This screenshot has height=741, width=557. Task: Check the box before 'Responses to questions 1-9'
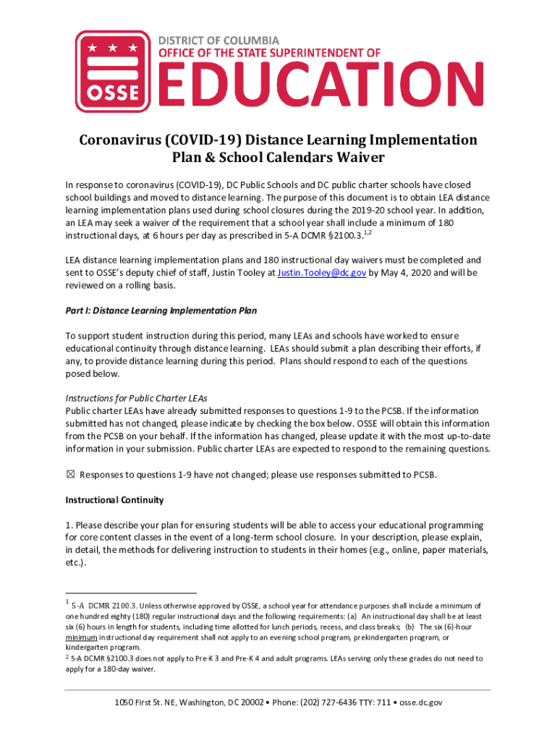(70, 475)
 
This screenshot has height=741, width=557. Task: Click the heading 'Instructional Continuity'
(114, 500)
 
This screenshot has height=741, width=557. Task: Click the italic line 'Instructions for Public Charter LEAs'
(137, 398)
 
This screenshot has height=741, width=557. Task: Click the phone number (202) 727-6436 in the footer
(331, 702)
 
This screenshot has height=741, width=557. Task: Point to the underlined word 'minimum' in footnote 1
(82, 638)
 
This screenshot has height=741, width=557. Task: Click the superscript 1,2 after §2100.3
(367, 234)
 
